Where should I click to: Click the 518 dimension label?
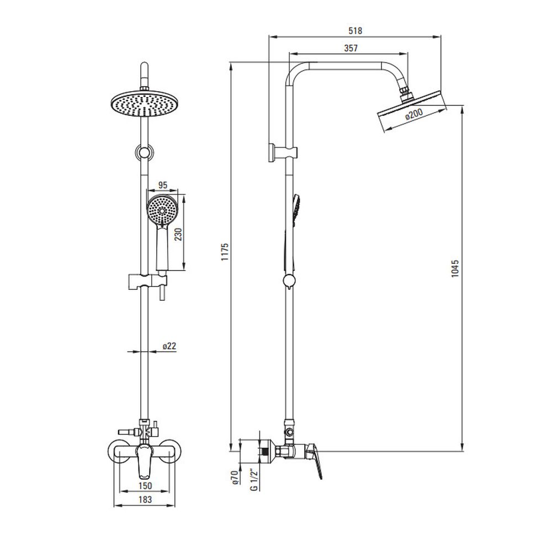point(355,30)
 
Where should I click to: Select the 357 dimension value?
point(351,48)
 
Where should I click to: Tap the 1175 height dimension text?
point(225,252)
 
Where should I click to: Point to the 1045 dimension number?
point(455,268)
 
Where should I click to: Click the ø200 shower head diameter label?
point(414,114)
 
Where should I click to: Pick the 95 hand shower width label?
point(163,185)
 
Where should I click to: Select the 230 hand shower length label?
point(178,234)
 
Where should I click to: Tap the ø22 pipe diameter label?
point(169,346)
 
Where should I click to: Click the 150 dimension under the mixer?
point(145,486)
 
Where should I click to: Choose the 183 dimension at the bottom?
point(145,499)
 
